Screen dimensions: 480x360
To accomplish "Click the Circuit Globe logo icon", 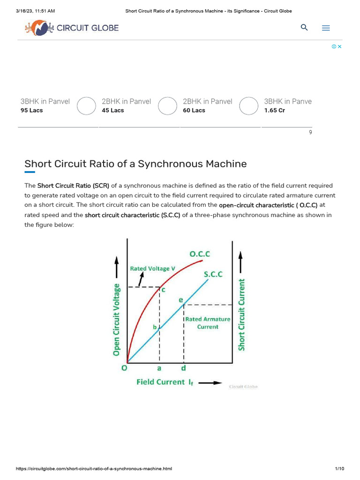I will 39,28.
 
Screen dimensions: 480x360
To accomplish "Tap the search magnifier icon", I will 304,28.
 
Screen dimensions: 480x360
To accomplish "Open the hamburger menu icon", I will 326,28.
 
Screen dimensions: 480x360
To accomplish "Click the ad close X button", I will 339,46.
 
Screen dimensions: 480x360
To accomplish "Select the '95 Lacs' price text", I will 32,111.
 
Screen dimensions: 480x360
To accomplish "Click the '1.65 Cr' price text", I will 274,111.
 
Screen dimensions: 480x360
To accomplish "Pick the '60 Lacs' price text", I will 194,111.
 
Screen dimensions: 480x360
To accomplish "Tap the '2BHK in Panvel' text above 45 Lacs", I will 126,101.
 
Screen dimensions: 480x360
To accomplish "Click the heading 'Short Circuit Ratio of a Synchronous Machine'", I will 135,164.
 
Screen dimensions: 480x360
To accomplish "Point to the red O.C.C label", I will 199,254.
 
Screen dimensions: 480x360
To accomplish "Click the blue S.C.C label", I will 213,274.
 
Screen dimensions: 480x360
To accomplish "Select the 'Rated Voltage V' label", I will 152,269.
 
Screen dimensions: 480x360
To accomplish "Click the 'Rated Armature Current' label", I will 208,323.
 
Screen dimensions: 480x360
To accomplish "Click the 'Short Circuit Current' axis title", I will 241,314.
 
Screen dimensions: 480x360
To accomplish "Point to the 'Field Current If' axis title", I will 165,382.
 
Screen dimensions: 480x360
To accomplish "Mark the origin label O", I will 124,368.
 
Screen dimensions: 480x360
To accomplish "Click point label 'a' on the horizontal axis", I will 159,368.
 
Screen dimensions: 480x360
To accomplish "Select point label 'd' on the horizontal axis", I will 183,368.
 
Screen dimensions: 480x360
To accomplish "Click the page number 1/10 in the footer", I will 339,469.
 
